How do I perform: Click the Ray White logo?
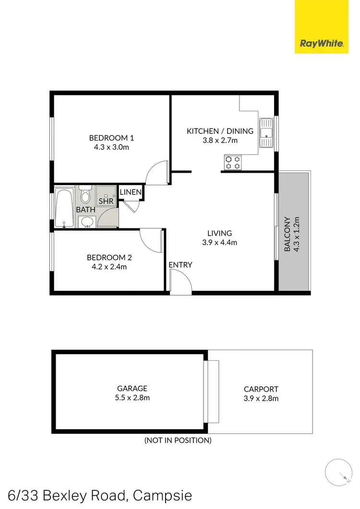[x=322, y=44]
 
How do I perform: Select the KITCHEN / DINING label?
[x=220, y=131]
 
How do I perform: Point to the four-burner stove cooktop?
[x=233, y=162]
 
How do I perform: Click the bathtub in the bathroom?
[x=64, y=208]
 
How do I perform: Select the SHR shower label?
[x=106, y=201]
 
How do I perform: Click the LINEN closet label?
[x=131, y=192]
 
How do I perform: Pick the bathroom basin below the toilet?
[x=86, y=222]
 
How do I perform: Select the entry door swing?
[x=180, y=282]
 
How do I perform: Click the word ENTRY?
[x=180, y=265]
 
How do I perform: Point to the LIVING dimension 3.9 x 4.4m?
[x=219, y=242]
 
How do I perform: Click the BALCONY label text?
[x=288, y=235]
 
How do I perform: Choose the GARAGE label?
[x=132, y=388]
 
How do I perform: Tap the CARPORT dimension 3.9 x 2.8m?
[x=261, y=398]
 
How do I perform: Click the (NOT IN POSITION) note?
[x=178, y=440]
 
